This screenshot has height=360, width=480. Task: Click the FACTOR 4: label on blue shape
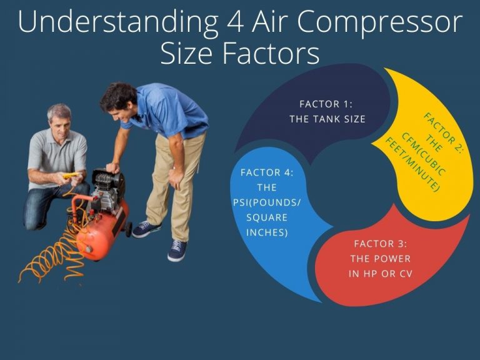266,172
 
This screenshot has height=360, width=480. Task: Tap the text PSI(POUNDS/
266,201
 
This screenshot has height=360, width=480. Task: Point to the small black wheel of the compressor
129,229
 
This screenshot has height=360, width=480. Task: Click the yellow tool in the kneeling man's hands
71,176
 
